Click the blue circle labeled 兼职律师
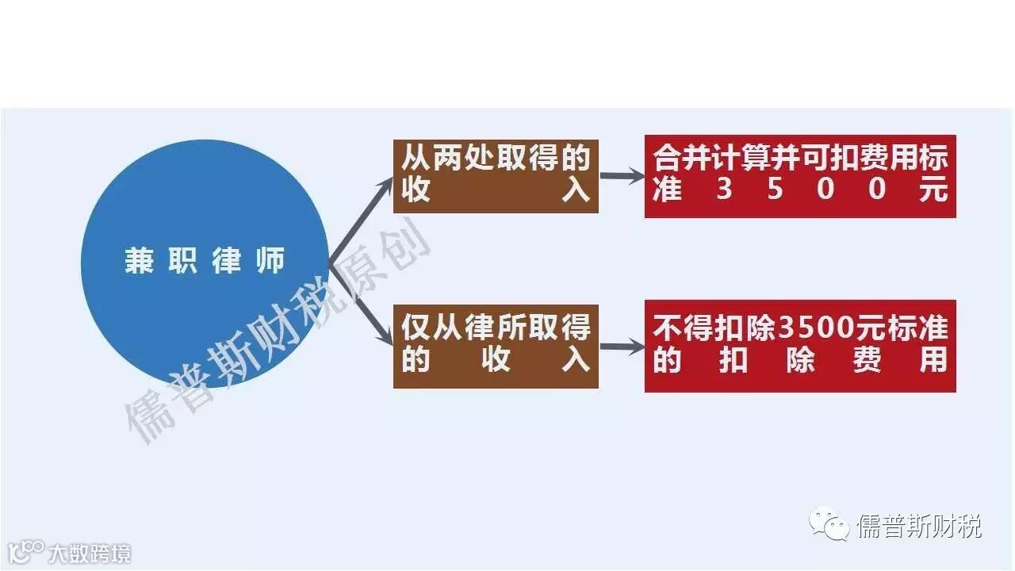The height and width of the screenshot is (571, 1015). pyautogui.click(x=204, y=262)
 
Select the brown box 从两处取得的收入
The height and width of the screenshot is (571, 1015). pyautogui.click(x=496, y=176)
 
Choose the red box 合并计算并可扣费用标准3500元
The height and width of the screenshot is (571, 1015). pyautogui.click(x=799, y=176)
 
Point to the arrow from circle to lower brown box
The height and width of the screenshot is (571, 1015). pyautogui.click(x=362, y=305)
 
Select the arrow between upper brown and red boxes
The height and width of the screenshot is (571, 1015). pyautogui.click(x=622, y=176)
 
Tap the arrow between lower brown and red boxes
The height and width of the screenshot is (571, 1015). pyautogui.click(x=622, y=346)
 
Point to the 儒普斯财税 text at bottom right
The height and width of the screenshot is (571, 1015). pyautogui.click(x=920, y=526)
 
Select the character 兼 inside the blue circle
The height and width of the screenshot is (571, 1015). pyautogui.click(x=139, y=262)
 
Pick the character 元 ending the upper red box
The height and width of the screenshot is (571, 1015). pyautogui.click(x=933, y=190)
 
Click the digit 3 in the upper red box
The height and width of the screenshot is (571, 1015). pyautogui.click(x=724, y=190)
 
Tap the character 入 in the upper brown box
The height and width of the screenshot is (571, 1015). pyautogui.click(x=576, y=191)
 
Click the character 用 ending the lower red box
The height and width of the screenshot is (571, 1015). pyautogui.click(x=933, y=361)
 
